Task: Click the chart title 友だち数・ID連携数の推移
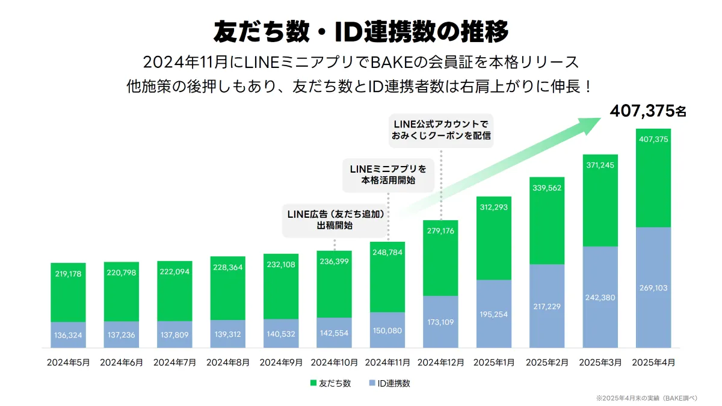[361, 31]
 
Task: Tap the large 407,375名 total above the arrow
[647, 111]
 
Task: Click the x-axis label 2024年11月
[387, 363]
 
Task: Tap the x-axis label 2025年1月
[493, 363]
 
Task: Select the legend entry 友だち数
[330, 383]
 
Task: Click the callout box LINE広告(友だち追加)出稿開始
[335, 220]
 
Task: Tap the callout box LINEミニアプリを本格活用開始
[388, 174]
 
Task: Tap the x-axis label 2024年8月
[227, 363]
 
